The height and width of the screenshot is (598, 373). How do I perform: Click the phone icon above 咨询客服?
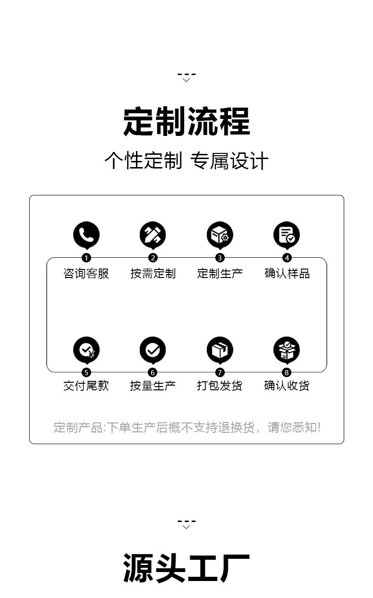pos(86,234)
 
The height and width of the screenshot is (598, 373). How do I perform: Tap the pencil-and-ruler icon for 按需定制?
pos(153,234)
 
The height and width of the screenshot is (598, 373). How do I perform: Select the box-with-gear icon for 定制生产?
pos(220,234)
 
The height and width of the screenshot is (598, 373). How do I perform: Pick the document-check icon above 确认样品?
pos(287,234)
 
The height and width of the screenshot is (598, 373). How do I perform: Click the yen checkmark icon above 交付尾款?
pos(86,350)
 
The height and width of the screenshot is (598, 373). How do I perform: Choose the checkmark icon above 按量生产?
pos(153,350)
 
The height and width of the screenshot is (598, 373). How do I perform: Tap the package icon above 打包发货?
pos(220,350)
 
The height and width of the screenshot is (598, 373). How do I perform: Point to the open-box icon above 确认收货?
pos(287,350)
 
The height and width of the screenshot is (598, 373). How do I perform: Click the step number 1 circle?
pos(86,258)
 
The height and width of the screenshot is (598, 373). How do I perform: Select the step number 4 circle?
pos(287,258)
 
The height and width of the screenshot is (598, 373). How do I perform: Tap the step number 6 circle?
pos(153,373)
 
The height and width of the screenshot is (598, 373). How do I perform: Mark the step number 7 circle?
pos(220,373)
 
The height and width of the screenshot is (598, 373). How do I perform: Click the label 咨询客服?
pos(86,273)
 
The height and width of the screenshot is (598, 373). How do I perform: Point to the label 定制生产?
pos(220,273)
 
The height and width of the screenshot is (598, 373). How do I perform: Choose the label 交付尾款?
pos(86,386)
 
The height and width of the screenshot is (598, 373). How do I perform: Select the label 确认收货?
pos(287,386)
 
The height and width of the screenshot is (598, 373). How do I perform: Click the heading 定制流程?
pos(186,122)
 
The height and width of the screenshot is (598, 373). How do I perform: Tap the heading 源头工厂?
pos(186,568)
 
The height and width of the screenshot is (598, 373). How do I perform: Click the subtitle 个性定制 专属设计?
pos(186,161)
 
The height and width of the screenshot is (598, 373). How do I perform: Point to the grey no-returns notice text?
pos(187,428)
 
